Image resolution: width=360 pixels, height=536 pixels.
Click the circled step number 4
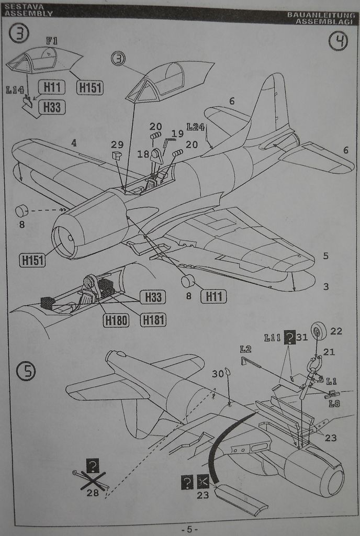click(x=338, y=41)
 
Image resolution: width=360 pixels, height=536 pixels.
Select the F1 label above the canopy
click(x=51, y=40)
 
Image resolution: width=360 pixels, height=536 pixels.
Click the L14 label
click(x=15, y=90)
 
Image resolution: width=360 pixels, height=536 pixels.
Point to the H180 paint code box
click(x=116, y=320)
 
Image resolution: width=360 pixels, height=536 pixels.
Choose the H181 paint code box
click(x=153, y=320)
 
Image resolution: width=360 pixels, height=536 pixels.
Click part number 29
click(x=117, y=144)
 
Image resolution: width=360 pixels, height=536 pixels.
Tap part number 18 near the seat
click(x=143, y=154)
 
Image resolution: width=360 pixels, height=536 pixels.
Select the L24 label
click(x=195, y=127)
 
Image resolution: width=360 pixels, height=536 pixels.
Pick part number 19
click(x=178, y=133)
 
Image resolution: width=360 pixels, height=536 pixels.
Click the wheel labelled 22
click(x=317, y=330)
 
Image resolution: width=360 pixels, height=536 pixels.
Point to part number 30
click(x=218, y=373)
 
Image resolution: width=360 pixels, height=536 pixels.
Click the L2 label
click(x=245, y=349)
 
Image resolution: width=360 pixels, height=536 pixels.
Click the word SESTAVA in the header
click(x=19, y=6)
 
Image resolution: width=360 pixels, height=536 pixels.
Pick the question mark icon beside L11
click(x=289, y=338)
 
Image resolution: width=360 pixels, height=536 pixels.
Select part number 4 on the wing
click(x=74, y=142)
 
